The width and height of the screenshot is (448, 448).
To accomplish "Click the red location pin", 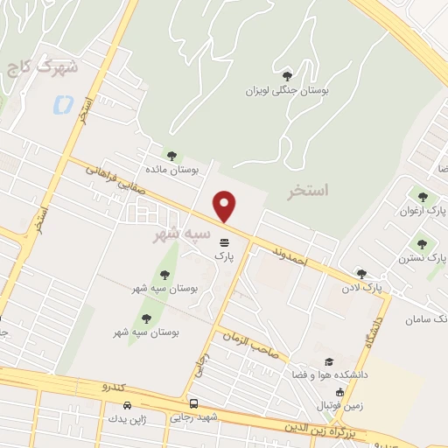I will pyautogui.click(x=225, y=206).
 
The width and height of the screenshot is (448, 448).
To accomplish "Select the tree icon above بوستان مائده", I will pyautogui.click(x=171, y=156).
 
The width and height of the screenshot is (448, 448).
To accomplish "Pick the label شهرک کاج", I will pyautogui.click(x=42, y=67).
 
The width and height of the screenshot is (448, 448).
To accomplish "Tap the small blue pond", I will pyautogui.click(x=63, y=105).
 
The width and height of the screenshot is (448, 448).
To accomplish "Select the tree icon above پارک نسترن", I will pyautogui.click(x=423, y=244).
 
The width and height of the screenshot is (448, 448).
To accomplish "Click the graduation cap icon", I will pyautogui.click(x=330, y=361).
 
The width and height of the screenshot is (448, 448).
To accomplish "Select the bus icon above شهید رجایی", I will pyautogui.click(x=194, y=404).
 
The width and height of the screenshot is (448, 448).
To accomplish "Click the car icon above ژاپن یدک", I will pyautogui.click(x=129, y=406).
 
